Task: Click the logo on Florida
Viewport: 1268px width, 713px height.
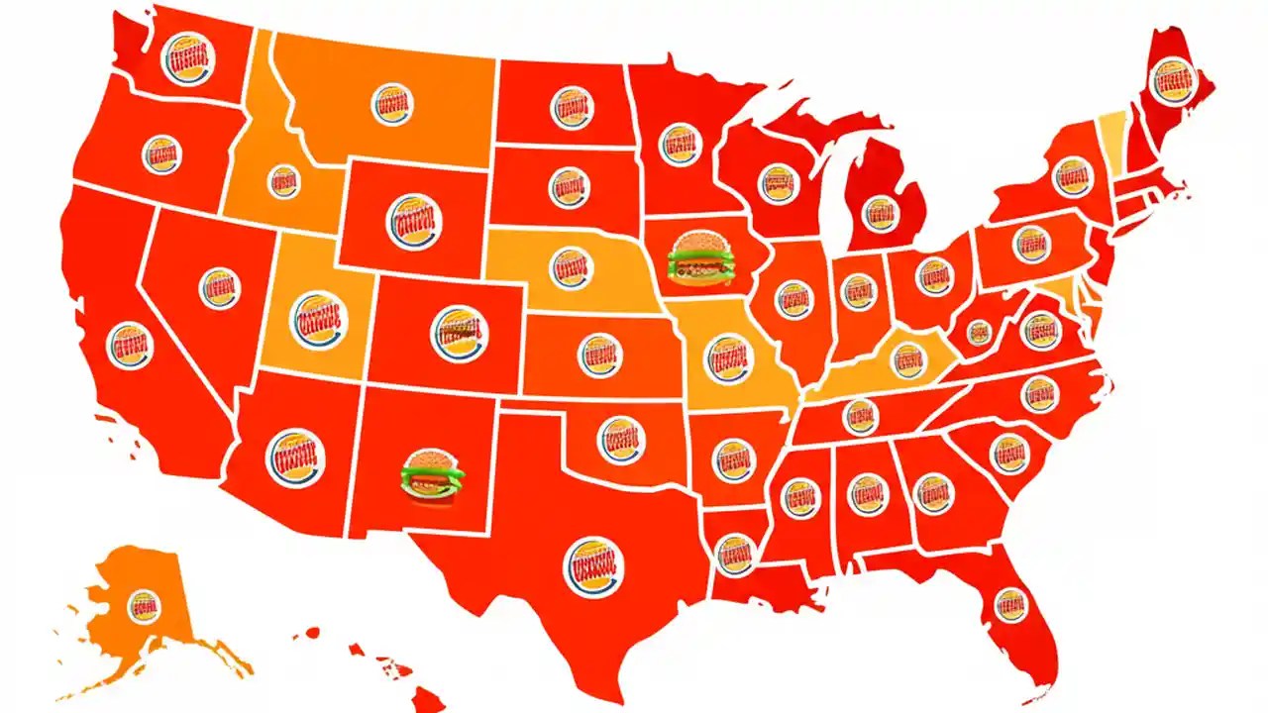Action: (1010, 604)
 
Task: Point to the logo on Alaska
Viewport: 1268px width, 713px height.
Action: (145, 604)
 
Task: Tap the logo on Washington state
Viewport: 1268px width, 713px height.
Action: (188, 58)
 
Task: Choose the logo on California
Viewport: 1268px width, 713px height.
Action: (130, 346)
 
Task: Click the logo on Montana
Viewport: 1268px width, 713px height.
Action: (392, 104)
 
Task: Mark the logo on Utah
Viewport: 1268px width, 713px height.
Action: (319, 319)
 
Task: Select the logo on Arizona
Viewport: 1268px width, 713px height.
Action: (295, 458)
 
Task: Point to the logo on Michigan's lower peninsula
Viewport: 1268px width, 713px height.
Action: (879, 213)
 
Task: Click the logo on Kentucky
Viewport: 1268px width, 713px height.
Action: (907, 359)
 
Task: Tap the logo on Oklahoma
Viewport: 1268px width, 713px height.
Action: (621, 439)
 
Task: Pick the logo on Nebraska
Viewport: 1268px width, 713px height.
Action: (572, 267)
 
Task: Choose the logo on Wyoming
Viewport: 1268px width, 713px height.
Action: (414, 222)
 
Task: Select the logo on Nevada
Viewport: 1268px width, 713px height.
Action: (220, 288)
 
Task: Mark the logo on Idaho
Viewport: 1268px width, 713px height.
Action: (284, 182)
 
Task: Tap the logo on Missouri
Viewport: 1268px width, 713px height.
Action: (728, 358)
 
